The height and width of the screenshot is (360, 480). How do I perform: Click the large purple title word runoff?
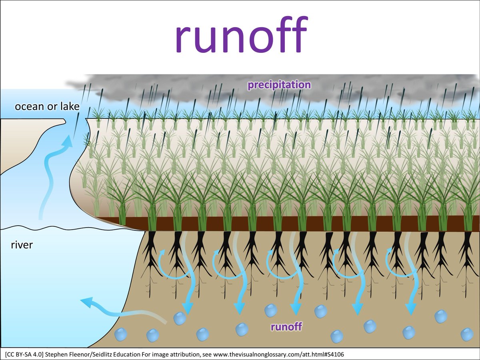pyautogui.click(x=240, y=36)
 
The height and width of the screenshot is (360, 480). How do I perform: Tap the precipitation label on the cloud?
pyautogui.click(x=279, y=85)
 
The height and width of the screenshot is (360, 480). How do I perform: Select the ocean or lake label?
pyautogui.click(x=47, y=107)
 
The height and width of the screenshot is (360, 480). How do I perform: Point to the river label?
pyautogui.click(x=22, y=244)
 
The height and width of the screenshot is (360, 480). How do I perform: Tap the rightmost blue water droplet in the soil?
pyautogui.click(x=467, y=334)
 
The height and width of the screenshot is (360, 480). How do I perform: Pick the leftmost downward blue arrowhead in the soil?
pyautogui.click(x=186, y=307)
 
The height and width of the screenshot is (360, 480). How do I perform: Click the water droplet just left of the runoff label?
pyautogui.click(x=242, y=329)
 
